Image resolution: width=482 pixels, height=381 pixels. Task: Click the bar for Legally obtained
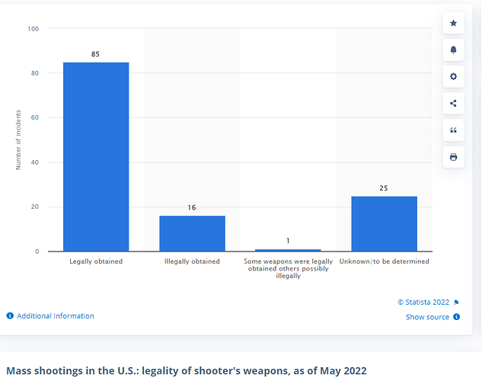96,156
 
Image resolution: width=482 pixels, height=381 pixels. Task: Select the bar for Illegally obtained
192,233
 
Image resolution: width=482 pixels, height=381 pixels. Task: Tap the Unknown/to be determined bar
384,223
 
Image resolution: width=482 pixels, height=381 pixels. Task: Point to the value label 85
96,54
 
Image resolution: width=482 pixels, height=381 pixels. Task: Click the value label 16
192,207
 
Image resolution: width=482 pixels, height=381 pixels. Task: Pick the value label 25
384,187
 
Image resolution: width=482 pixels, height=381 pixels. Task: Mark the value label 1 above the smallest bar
288,241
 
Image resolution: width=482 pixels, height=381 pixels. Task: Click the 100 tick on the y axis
34,29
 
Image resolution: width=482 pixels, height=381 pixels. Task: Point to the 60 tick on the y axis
36,118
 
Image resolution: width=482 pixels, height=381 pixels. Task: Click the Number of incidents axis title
19,140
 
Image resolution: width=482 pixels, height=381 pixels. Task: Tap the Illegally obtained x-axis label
192,261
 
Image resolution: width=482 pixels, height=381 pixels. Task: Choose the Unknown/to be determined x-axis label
384,261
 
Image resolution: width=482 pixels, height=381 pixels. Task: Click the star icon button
454,24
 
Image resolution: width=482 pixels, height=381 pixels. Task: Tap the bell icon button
454,50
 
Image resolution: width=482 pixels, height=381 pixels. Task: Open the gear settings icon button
454,77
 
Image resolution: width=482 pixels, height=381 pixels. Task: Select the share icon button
454,104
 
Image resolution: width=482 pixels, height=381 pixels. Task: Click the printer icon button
454,157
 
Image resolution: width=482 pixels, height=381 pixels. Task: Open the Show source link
427,317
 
